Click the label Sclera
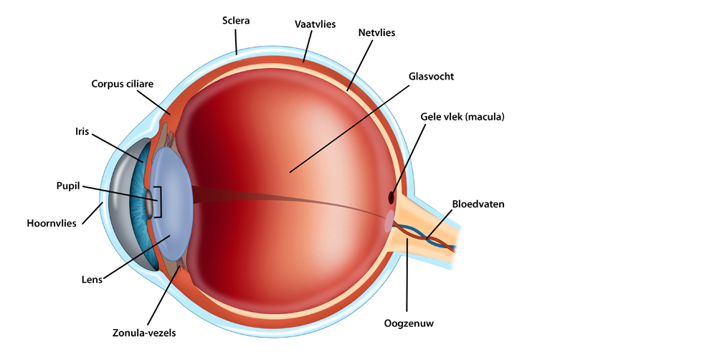point(235,21)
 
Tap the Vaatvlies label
point(315,24)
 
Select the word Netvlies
point(376,33)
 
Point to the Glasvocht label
point(431,77)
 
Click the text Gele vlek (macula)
point(462,117)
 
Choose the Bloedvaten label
point(478,204)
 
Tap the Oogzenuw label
point(409,324)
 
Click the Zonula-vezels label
point(144,333)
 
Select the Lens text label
point(92,279)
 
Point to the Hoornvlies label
point(52,224)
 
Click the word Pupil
point(68,186)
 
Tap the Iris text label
point(82,132)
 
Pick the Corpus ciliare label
point(123,84)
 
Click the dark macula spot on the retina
point(391,198)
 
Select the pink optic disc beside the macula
point(389,220)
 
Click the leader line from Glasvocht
point(349,128)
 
